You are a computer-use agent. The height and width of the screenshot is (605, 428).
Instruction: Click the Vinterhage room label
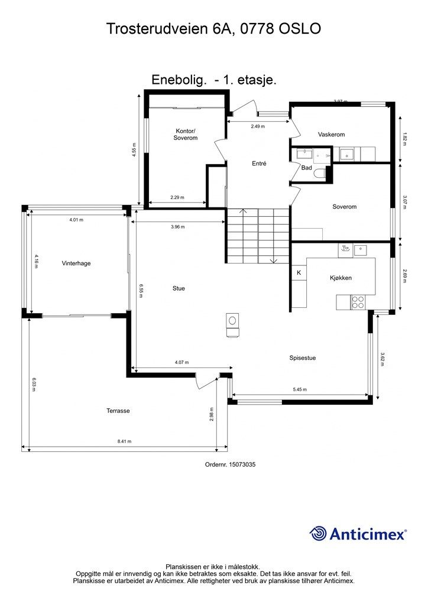tap(76, 264)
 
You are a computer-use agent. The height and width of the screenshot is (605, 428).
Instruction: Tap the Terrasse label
tap(118, 411)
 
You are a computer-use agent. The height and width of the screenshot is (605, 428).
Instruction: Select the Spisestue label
tap(303, 358)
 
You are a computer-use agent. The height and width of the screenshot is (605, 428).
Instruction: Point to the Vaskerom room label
tap(331, 135)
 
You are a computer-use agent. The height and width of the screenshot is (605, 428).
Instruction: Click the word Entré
tap(259, 164)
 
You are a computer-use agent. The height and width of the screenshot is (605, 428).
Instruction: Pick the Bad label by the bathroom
tap(306, 168)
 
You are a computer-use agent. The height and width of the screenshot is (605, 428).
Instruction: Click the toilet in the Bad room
tap(320, 174)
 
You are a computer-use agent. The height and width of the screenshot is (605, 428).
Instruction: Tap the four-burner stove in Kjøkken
tap(358, 302)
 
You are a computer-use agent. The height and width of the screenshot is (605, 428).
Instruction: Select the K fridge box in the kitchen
tap(299, 273)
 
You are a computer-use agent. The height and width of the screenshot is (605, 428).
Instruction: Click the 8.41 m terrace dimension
tap(124, 441)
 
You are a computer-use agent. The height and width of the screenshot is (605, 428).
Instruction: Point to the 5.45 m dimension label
tap(300, 389)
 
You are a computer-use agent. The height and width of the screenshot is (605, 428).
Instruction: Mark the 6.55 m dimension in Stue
tap(142, 291)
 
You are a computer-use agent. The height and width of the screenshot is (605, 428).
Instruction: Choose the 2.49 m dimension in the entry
tap(258, 126)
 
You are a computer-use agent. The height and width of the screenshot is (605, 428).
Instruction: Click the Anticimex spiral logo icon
tap(318, 534)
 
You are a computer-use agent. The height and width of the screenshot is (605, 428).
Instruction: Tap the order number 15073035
tap(242, 464)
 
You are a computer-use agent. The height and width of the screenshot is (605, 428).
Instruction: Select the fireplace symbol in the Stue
tap(233, 325)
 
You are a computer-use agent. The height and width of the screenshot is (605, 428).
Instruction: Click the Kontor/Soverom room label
tap(185, 134)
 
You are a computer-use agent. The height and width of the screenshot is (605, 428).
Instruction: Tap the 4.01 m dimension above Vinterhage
tap(76, 220)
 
